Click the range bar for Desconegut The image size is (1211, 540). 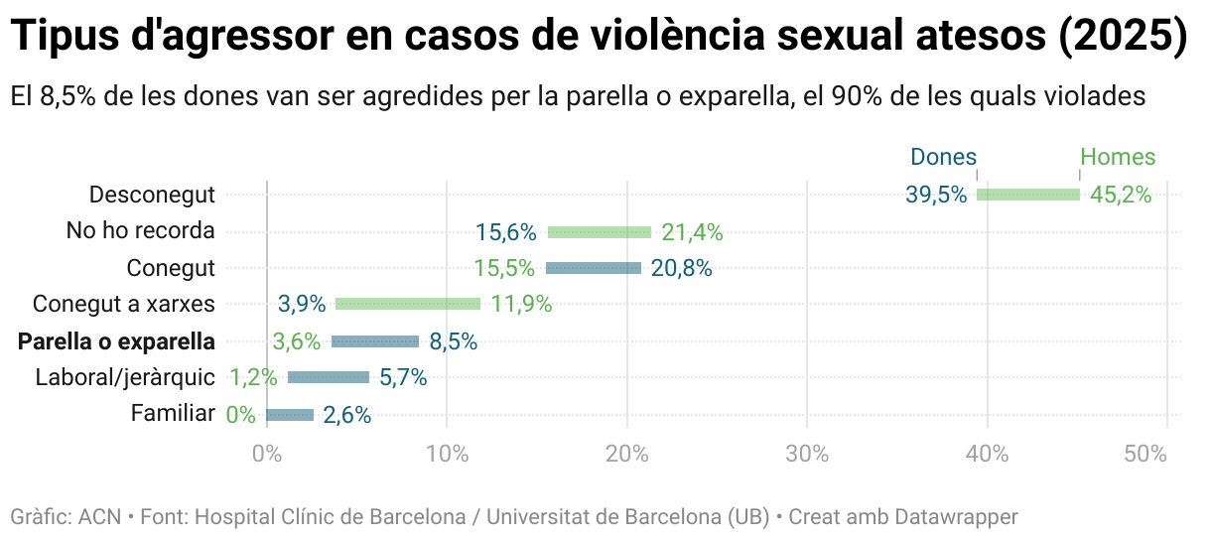[1028, 195]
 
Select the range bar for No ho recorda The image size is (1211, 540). [600, 232]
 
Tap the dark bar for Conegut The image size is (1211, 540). [594, 268]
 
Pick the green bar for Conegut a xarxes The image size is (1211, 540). [408, 304]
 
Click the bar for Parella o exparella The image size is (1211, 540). [375, 341]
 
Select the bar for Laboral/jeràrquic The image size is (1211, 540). [329, 377]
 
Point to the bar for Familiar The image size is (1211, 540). [290, 415]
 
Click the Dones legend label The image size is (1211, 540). [943, 157]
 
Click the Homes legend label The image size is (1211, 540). [1118, 157]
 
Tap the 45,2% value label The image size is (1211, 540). [1121, 195]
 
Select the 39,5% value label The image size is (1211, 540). [936, 195]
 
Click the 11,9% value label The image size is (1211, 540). [521, 304]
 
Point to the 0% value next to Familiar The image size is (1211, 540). [241, 415]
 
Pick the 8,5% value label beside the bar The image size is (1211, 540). [454, 341]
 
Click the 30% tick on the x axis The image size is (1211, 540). [807, 454]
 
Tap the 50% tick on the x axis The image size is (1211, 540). [1146, 454]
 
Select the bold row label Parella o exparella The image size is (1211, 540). [116, 341]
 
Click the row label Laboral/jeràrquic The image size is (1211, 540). [125, 377]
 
